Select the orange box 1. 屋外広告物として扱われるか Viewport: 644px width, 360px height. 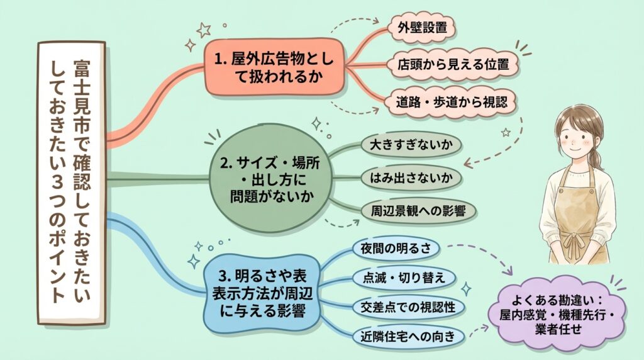(x=277, y=69)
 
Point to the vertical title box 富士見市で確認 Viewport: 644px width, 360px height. (x=70, y=179)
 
